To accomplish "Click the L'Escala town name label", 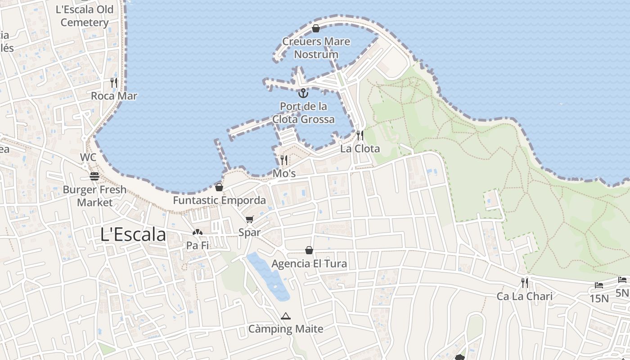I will point(133,234).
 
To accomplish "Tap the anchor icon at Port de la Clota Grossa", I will point(303,94).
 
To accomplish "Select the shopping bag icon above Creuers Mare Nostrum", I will point(316,29).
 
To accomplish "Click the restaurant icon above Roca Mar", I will point(114,83).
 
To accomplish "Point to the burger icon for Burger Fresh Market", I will point(94,176).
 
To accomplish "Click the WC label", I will point(88,157).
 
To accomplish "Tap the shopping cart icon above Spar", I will point(250,220).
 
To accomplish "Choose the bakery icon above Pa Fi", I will point(197,233).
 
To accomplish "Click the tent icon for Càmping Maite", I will point(285,316).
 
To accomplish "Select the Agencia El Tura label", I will point(309,263).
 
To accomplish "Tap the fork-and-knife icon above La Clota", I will point(360,135).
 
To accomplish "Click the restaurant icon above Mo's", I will point(284,160).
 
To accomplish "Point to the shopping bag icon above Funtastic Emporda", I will point(219,187).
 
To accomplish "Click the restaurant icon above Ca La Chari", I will point(525,283).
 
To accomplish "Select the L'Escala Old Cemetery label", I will point(85,16).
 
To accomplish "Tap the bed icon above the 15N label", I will point(598,285).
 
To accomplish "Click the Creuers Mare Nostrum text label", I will point(316,48).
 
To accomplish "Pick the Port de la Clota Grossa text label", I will point(303,113).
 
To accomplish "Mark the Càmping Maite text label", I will point(286,329).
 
